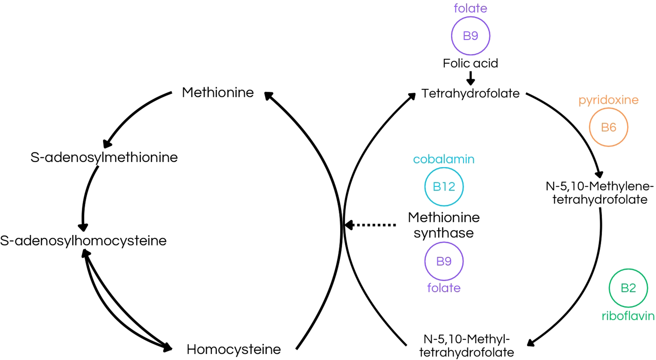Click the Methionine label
point(218,92)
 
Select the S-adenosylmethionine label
point(104,158)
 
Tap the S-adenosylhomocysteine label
point(83,241)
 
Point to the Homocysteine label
point(234,349)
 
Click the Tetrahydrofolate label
point(470,94)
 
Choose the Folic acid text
point(470,64)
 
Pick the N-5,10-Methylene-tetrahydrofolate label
point(600,193)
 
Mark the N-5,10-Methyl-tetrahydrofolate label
point(466,345)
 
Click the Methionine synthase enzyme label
point(444,225)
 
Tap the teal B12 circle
point(444,187)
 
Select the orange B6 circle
point(608,127)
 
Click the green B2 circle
point(628,288)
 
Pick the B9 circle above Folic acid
point(470,36)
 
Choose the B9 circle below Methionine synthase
point(444,261)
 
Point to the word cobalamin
point(444,159)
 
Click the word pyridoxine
point(608,100)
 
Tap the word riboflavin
point(628,316)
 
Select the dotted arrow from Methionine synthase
point(371,225)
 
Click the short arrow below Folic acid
point(470,78)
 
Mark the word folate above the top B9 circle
point(470,8)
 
